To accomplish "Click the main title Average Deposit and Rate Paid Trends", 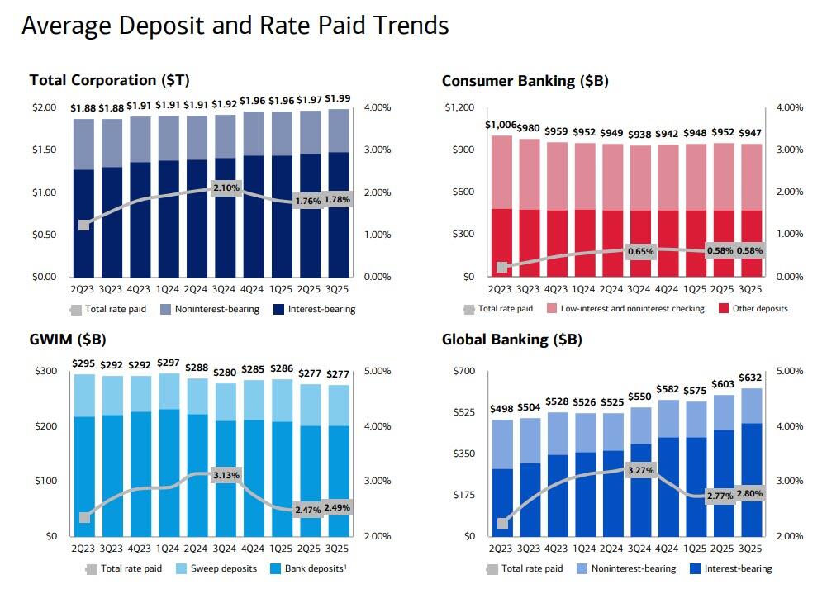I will click(235, 26).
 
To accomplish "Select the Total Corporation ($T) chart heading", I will click(109, 80).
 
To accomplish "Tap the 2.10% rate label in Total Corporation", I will click(225, 188).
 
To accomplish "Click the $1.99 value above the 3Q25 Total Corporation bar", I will click(338, 99).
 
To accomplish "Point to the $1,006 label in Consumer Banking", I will click(501, 125).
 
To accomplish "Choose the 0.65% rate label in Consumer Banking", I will click(640, 251).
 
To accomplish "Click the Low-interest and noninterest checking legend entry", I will click(633, 309).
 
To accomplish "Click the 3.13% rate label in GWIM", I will click(225, 477).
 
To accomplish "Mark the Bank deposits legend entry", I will click(314, 568).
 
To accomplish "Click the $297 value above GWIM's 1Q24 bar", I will click(169, 363).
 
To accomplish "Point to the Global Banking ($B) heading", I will click(511, 340).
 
